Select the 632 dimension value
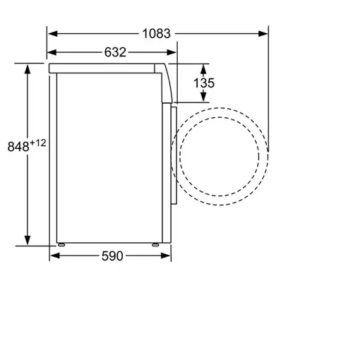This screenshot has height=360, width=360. [115, 52]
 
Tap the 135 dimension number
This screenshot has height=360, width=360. [204, 83]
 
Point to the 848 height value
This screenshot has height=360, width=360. [18, 146]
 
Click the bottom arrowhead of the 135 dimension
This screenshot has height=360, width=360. [203, 100]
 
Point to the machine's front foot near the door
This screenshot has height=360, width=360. [157, 245]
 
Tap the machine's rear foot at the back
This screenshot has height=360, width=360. [62, 245]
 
